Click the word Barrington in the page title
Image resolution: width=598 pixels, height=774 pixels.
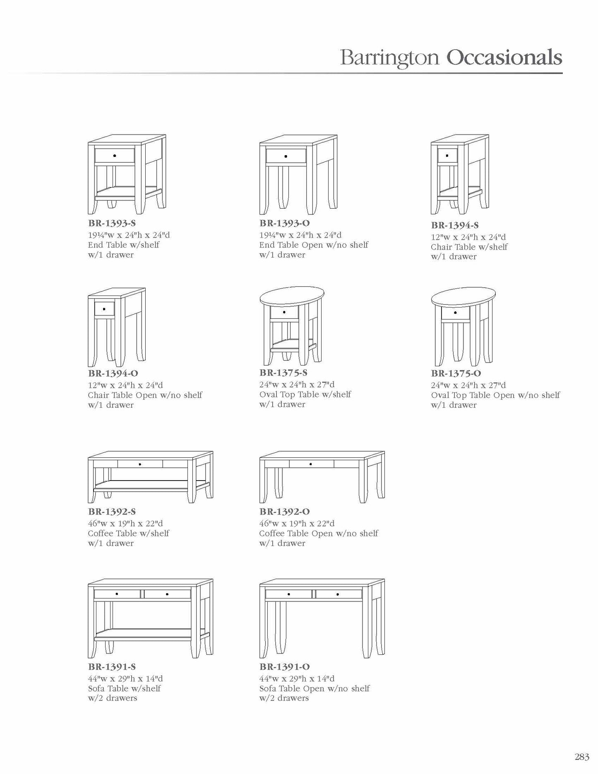tap(389, 58)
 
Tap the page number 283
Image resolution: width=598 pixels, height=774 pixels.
tap(581, 757)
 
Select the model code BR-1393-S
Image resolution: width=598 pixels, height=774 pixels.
tap(112, 224)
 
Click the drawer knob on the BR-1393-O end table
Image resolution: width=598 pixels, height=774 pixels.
tap(286, 156)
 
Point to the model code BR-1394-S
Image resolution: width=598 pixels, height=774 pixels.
tap(455, 226)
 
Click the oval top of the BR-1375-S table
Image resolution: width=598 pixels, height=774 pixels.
tap(292, 296)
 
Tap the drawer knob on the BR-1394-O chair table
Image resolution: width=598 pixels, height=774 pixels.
tap(104, 309)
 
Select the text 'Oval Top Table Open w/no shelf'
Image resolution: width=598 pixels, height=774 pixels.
tap(495, 395)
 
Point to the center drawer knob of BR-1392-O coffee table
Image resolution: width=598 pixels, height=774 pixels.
tap(311, 464)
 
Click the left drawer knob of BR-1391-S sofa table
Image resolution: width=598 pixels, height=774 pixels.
tap(117, 594)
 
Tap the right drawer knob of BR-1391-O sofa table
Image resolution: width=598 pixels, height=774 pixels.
tap(338, 594)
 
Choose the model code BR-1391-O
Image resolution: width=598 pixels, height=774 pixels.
tap(285, 667)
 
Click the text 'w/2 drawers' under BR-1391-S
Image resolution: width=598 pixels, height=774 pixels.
tap(113, 698)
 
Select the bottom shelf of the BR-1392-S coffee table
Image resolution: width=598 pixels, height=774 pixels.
tap(149, 484)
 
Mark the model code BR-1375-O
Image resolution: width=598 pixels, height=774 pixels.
tap(456, 373)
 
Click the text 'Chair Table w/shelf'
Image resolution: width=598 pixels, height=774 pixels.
tap(469, 247)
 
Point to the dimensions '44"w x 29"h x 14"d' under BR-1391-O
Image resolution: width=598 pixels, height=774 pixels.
tap(297, 679)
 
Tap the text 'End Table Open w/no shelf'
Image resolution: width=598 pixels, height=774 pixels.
tap(314, 245)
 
